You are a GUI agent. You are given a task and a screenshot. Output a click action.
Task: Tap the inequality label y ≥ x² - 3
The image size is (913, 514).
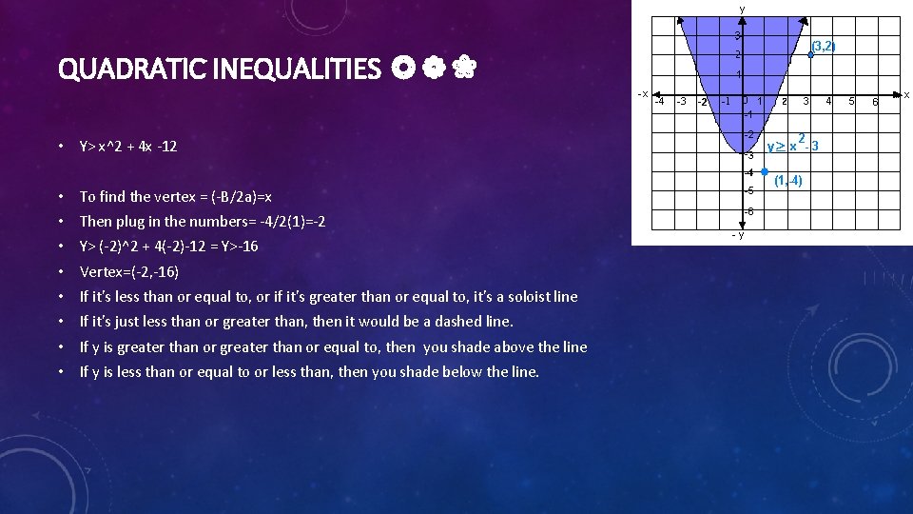point(793,145)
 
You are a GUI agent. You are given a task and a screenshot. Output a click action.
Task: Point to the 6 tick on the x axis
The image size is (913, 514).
point(875,102)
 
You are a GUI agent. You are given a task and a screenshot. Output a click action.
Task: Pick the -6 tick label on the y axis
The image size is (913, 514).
point(749,211)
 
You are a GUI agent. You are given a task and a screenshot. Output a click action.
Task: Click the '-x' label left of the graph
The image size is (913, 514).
point(643,93)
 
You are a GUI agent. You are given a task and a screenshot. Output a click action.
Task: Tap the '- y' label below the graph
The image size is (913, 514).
point(737,235)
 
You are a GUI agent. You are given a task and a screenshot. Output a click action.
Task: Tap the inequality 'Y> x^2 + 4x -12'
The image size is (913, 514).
point(127,147)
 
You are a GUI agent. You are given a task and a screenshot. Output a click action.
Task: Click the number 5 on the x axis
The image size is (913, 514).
point(852,101)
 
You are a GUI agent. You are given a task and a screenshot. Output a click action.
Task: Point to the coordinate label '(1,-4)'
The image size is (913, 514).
point(788,181)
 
